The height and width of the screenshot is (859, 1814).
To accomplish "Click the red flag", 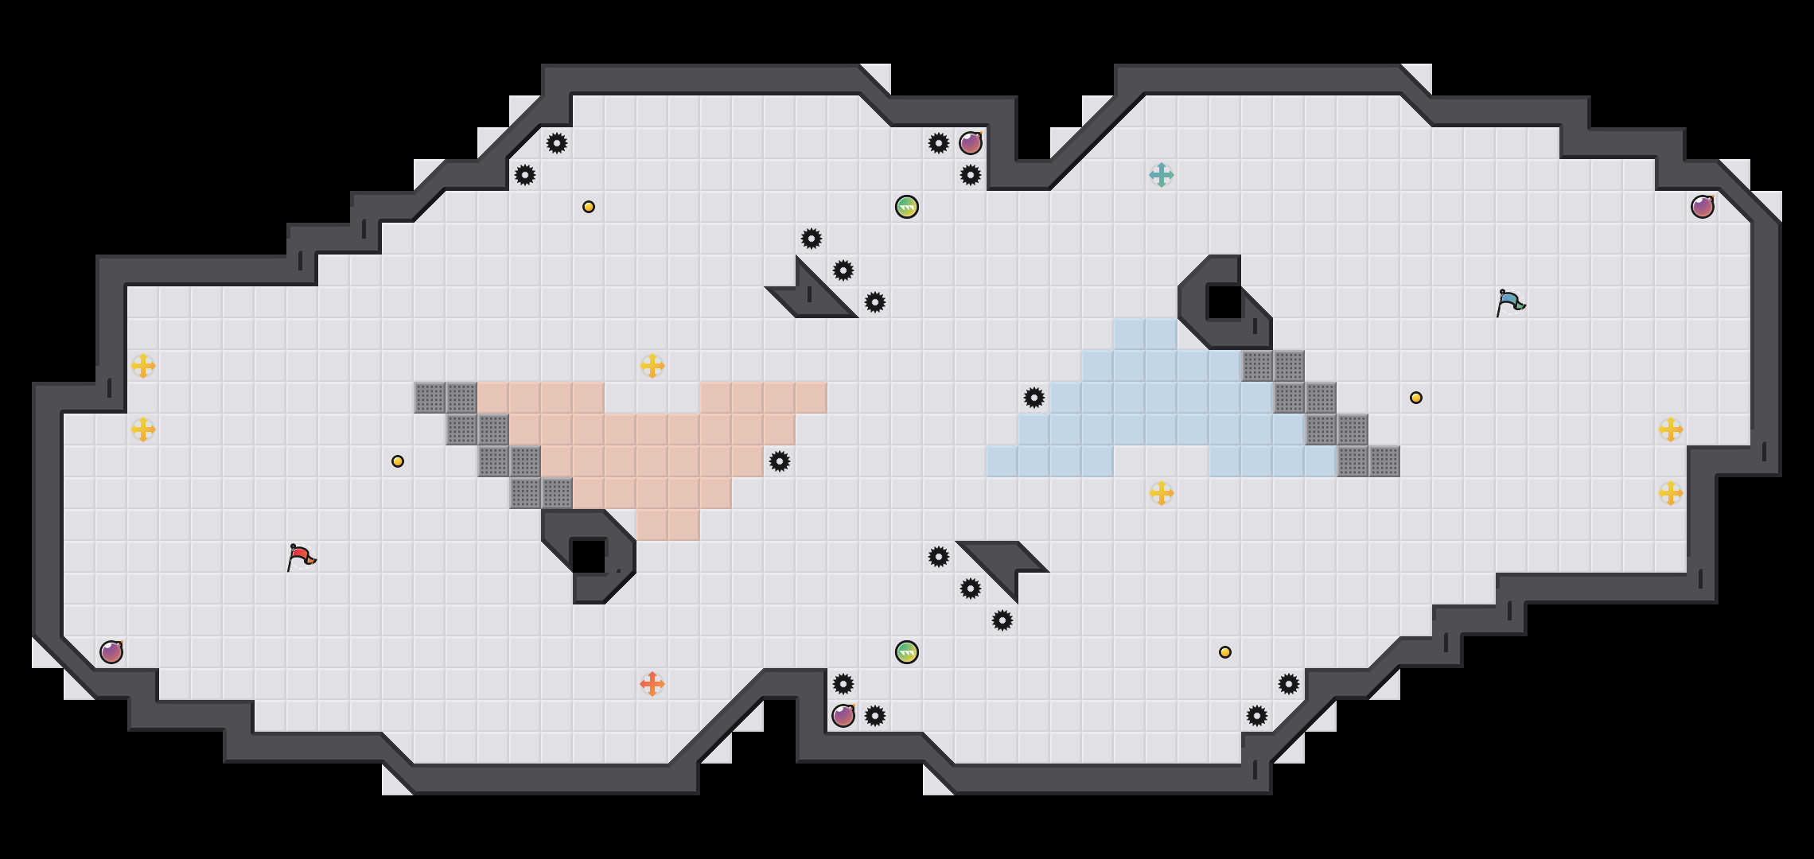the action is click(x=301, y=557).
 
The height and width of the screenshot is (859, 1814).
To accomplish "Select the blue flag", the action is click(x=1509, y=302).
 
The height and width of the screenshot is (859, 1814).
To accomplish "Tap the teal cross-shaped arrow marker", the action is click(x=1162, y=175).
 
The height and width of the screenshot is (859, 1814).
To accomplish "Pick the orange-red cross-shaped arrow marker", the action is click(x=652, y=684).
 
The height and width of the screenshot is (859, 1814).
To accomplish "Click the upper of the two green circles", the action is click(x=907, y=207).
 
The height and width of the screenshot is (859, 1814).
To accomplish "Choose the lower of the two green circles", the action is click(x=907, y=652).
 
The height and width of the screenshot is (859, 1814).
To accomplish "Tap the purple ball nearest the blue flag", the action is click(x=1703, y=207).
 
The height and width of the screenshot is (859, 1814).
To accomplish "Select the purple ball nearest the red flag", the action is click(x=111, y=652).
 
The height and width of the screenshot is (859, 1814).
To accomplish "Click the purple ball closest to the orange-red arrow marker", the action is click(x=843, y=716).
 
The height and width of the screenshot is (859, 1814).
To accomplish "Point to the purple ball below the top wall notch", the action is click(x=971, y=143).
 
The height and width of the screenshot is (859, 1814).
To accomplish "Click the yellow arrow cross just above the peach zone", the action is click(x=652, y=366).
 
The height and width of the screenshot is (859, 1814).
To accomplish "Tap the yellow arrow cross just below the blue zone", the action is click(x=1162, y=493).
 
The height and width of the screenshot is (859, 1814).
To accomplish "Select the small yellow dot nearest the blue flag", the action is click(x=1416, y=398).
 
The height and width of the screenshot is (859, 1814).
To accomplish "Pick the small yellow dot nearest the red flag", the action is click(x=398, y=461).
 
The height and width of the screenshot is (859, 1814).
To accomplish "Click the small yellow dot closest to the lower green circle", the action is click(x=1225, y=652).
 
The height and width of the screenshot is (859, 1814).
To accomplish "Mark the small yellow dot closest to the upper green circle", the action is click(x=589, y=207).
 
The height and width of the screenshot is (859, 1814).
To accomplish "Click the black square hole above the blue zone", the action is click(x=1225, y=302).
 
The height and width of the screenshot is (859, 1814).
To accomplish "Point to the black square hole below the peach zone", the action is click(x=589, y=557).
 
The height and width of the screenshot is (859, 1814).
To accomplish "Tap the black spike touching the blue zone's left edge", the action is click(x=1034, y=398).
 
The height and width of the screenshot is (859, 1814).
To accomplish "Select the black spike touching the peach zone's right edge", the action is click(x=780, y=461).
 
